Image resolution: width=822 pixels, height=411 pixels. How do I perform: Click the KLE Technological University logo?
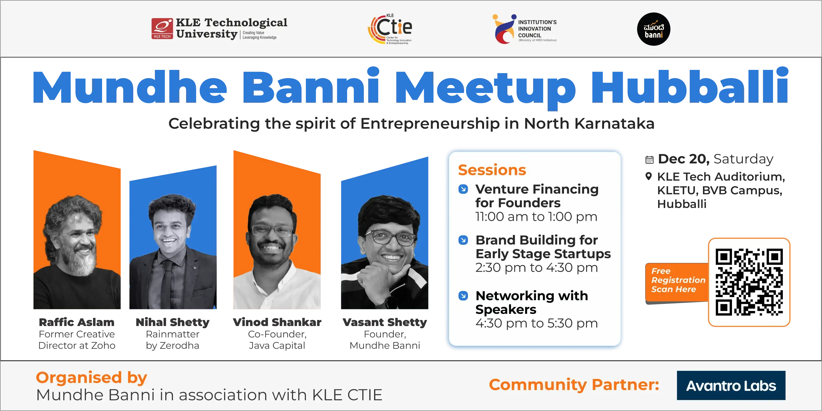pos(219,29)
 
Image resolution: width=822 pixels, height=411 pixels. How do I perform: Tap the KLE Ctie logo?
pos(390,29)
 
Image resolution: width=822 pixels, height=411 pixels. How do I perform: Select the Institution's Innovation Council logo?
pos(525,29)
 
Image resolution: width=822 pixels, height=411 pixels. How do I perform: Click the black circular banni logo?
pos(653,29)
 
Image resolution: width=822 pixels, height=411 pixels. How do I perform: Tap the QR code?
pos(749,282)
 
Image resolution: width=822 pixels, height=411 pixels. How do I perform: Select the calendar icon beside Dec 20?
pos(649,160)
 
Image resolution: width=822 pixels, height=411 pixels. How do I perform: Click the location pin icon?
pos(649,176)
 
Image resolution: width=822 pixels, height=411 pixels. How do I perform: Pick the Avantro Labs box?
pos(731,385)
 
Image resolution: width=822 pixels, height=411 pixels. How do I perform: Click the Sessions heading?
pos(492,170)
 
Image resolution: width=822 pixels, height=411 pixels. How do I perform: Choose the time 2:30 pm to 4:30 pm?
pos(536,268)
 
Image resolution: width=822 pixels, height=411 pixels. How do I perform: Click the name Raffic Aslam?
pos(77,322)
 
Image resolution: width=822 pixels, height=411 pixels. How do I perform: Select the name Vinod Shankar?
pos(277,322)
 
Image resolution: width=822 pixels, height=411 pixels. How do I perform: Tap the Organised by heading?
pos(92,378)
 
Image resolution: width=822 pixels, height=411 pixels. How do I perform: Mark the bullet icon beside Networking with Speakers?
pos(463,296)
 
